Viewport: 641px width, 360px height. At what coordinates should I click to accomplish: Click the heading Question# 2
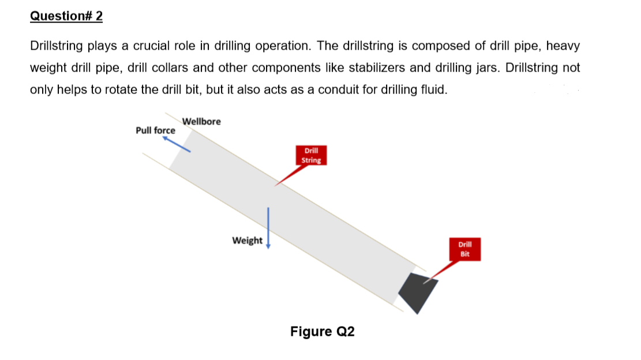coord(66,16)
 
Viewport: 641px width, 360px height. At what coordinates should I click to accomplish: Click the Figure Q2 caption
coord(323,332)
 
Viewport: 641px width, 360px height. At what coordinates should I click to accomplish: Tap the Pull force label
coord(155,130)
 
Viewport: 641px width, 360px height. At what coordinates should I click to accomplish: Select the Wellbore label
coord(201,121)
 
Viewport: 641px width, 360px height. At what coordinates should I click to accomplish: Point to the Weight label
coord(247,241)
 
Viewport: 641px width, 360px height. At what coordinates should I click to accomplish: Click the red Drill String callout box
coord(311,155)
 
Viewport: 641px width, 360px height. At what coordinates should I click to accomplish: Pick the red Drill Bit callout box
coord(466,248)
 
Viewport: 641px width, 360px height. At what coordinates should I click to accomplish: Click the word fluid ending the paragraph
coord(434,90)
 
